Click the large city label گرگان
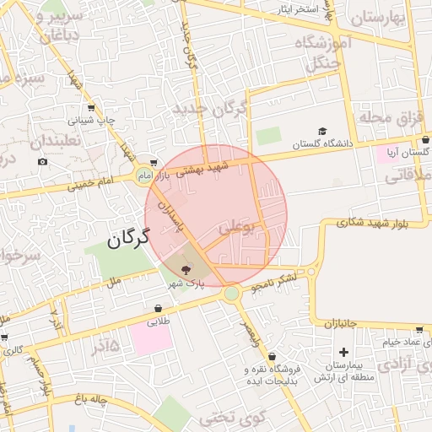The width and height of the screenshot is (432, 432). tap(128, 240)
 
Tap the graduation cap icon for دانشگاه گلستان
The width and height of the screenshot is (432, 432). tap(322, 131)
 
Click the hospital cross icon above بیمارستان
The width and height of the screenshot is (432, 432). tap(343, 352)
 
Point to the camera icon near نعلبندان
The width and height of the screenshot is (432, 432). tap(43, 161)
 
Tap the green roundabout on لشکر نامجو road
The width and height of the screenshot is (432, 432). tap(231, 294)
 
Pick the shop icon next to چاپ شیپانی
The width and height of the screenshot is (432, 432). tap(91, 108)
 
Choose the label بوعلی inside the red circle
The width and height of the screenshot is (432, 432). tap(235, 228)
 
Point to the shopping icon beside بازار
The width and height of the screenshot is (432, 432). tap(153, 163)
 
